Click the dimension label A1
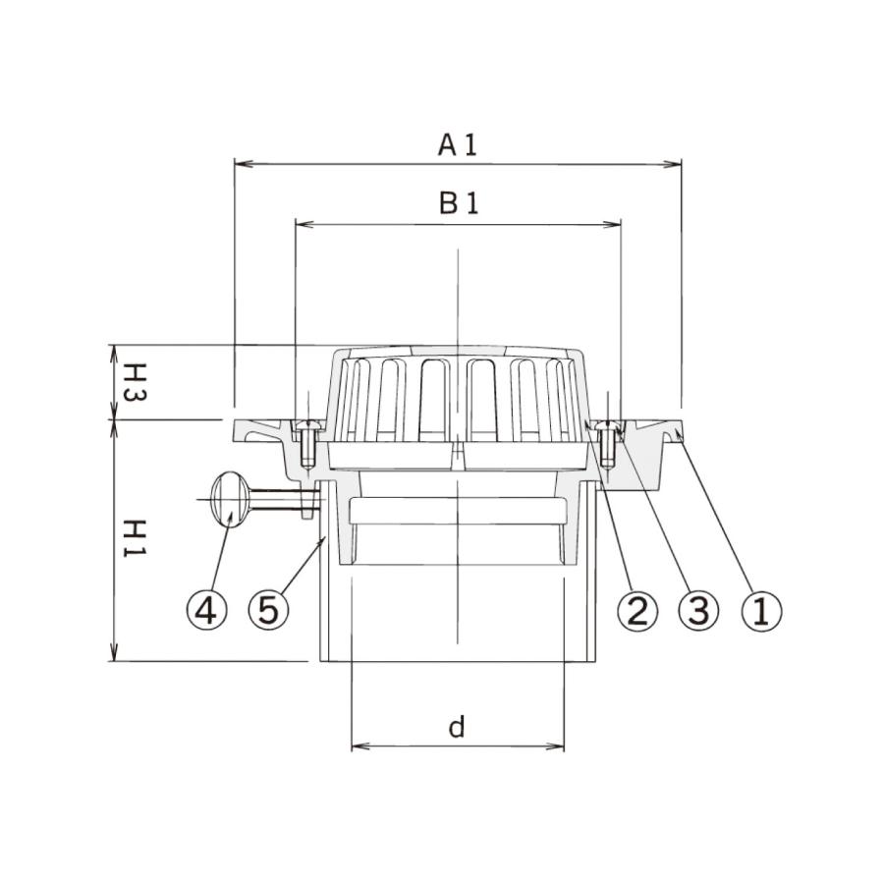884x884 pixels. pyautogui.click(x=457, y=145)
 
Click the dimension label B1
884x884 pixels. pyautogui.click(x=459, y=203)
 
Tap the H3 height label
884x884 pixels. pyautogui.click(x=135, y=382)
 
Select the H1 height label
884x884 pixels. pyautogui.click(x=135, y=538)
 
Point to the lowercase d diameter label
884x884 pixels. pyautogui.click(x=457, y=727)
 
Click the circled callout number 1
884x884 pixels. pyautogui.click(x=761, y=611)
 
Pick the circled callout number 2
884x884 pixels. pyautogui.click(x=638, y=611)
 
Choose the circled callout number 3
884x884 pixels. pyautogui.click(x=699, y=611)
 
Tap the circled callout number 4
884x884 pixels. pyautogui.click(x=207, y=610)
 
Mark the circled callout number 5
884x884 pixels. pyautogui.click(x=268, y=610)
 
